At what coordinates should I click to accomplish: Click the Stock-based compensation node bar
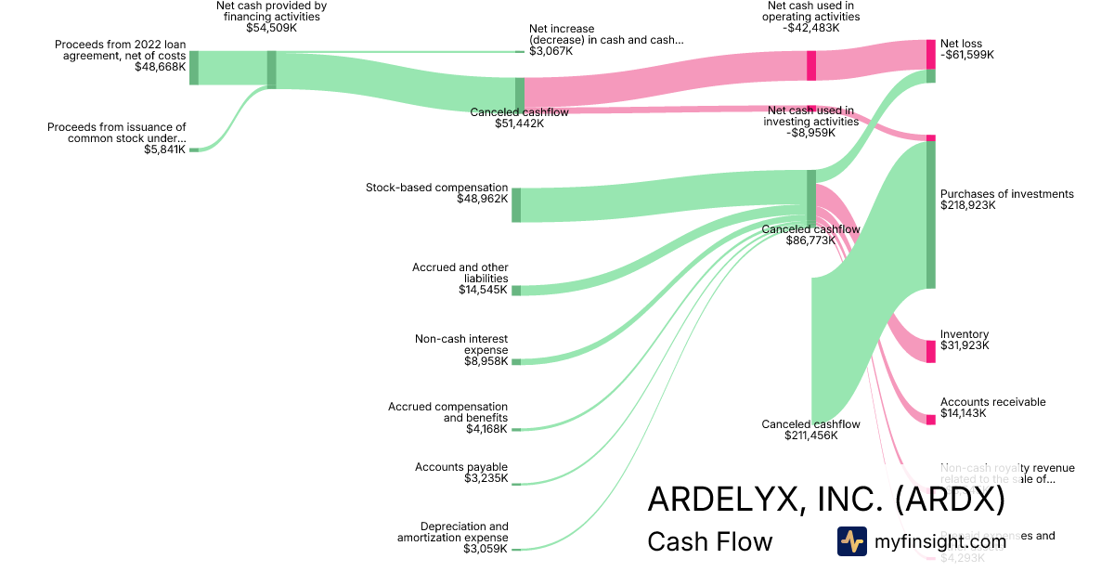point(516,205)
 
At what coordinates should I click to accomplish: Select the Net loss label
point(961,44)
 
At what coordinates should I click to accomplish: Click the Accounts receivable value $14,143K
point(963,413)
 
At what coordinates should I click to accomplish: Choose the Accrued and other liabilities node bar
point(516,291)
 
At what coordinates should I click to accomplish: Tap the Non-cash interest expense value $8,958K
point(486,361)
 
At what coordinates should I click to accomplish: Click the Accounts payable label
point(461,467)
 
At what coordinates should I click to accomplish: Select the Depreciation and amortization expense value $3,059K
point(486,549)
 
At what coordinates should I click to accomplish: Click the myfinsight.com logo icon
point(851,540)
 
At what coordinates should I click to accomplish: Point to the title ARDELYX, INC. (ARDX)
point(825,500)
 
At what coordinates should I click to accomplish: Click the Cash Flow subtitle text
point(709,541)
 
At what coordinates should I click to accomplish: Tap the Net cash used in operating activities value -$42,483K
point(811,28)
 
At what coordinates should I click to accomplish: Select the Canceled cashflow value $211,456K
point(810,435)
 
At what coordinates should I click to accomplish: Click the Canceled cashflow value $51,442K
point(519,123)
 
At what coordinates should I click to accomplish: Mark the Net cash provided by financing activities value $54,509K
point(271,28)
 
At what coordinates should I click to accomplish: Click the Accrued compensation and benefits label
point(447,412)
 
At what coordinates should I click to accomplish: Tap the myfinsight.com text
point(940,540)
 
